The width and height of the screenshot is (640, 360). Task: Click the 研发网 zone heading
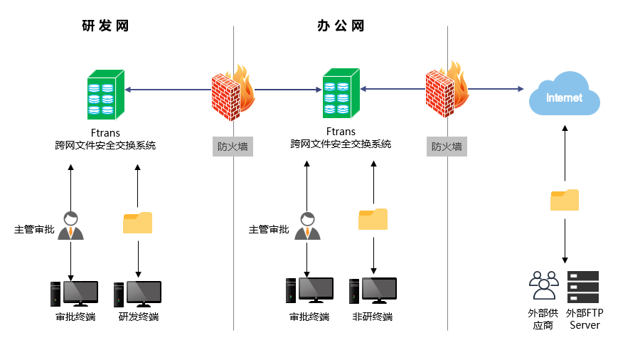105,26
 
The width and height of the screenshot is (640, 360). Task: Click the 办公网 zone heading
341,26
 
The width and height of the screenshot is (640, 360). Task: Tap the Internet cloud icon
564,95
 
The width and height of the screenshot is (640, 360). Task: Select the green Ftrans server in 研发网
105,95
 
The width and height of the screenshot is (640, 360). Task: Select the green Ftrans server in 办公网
340,93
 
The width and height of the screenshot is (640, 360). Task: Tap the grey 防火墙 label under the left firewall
233,147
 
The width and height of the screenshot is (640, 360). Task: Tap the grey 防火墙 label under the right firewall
447,147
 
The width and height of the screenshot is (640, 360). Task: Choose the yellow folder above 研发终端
138,223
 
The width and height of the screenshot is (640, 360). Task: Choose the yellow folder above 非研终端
373,219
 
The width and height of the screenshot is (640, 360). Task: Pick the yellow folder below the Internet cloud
565,200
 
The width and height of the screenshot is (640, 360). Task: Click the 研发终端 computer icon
138,294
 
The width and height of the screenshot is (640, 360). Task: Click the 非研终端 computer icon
373,290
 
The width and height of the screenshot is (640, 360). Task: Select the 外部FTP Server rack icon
583,287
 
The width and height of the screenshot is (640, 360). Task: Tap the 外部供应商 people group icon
544,286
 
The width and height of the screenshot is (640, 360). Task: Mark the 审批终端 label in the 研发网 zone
75,317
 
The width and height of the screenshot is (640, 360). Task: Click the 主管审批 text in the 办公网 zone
269,229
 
